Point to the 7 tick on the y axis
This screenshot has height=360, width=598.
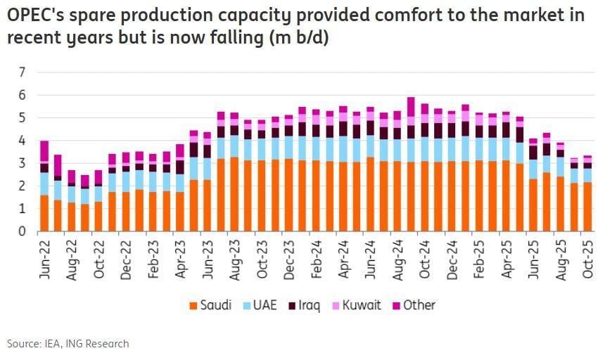pyautogui.click(x=22, y=72)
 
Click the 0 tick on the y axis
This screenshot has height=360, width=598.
pyautogui.click(x=22, y=231)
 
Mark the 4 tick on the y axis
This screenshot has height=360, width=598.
pyautogui.click(x=22, y=141)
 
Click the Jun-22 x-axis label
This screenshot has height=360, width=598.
pyautogui.click(x=44, y=259)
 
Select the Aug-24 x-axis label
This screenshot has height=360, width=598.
pyautogui.click(x=412, y=259)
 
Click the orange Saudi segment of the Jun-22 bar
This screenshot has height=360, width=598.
pyautogui.click(x=44, y=213)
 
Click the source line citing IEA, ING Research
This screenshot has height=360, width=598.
pyautogui.click(x=68, y=344)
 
